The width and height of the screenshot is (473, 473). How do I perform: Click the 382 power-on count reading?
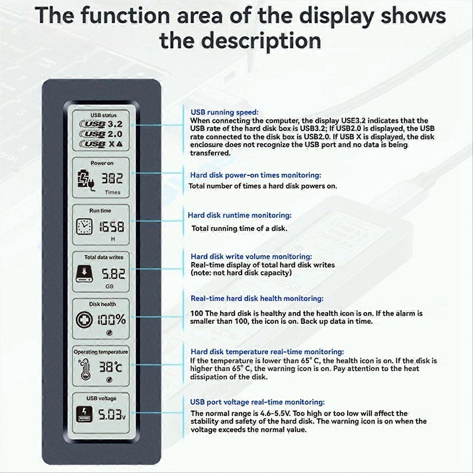click(x=112, y=179)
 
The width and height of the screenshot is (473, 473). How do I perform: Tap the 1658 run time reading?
click(x=111, y=227)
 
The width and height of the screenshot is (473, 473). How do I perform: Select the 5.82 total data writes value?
click(x=114, y=274)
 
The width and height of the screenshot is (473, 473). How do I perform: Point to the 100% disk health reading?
click(x=112, y=319)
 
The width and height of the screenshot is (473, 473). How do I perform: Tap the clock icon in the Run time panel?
click(x=84, y=226)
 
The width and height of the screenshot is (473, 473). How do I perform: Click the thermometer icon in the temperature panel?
click(x=84, y=368)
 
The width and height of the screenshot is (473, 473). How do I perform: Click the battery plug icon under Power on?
click(x=85, y=180)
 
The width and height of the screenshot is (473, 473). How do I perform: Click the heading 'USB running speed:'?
click(x=224, y=112)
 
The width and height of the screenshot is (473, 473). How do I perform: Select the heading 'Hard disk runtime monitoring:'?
click(x=239, y=215)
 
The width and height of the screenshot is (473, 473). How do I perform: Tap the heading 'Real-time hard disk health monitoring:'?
click(x=257, y=299)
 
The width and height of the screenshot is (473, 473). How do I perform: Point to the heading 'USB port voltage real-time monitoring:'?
click(x=257, y=402)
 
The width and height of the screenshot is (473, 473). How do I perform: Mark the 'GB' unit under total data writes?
click(x=110, y=287)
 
